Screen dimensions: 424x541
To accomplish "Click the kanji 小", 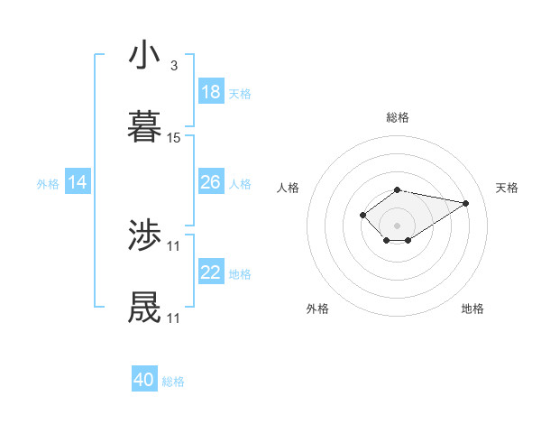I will tap(144, 56).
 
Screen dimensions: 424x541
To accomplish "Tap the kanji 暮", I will tap(144, 126).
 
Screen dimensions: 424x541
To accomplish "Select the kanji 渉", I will tap(144, 237).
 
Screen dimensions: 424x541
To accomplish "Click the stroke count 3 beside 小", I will tap(173, 66).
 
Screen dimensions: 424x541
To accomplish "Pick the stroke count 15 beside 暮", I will tap(174, 137).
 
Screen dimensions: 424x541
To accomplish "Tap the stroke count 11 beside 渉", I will tap(174, 246).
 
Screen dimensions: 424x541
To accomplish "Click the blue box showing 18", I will tap(211, 92).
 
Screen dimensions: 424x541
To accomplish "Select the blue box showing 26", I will tap(211, 183).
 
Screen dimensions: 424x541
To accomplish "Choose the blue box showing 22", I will tap(211, 273).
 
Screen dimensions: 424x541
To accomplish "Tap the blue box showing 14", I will tap(78, 183).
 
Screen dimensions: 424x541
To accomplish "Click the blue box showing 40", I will tap(144, 380).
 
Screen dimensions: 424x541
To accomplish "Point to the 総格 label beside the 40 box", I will tap(173, 382).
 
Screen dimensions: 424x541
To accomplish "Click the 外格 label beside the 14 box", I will tap(48, 184).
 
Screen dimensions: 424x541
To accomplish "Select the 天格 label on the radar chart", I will tap(507, 188).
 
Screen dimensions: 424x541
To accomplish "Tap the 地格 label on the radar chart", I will tap(472, 309).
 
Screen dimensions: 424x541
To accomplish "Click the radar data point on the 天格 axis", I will tap(466, 202).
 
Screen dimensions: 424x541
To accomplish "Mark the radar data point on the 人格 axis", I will tap(362, 215).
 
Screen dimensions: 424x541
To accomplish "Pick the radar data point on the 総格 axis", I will tap(397, 189).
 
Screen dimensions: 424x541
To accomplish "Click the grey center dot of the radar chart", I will tap(397, 226).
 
